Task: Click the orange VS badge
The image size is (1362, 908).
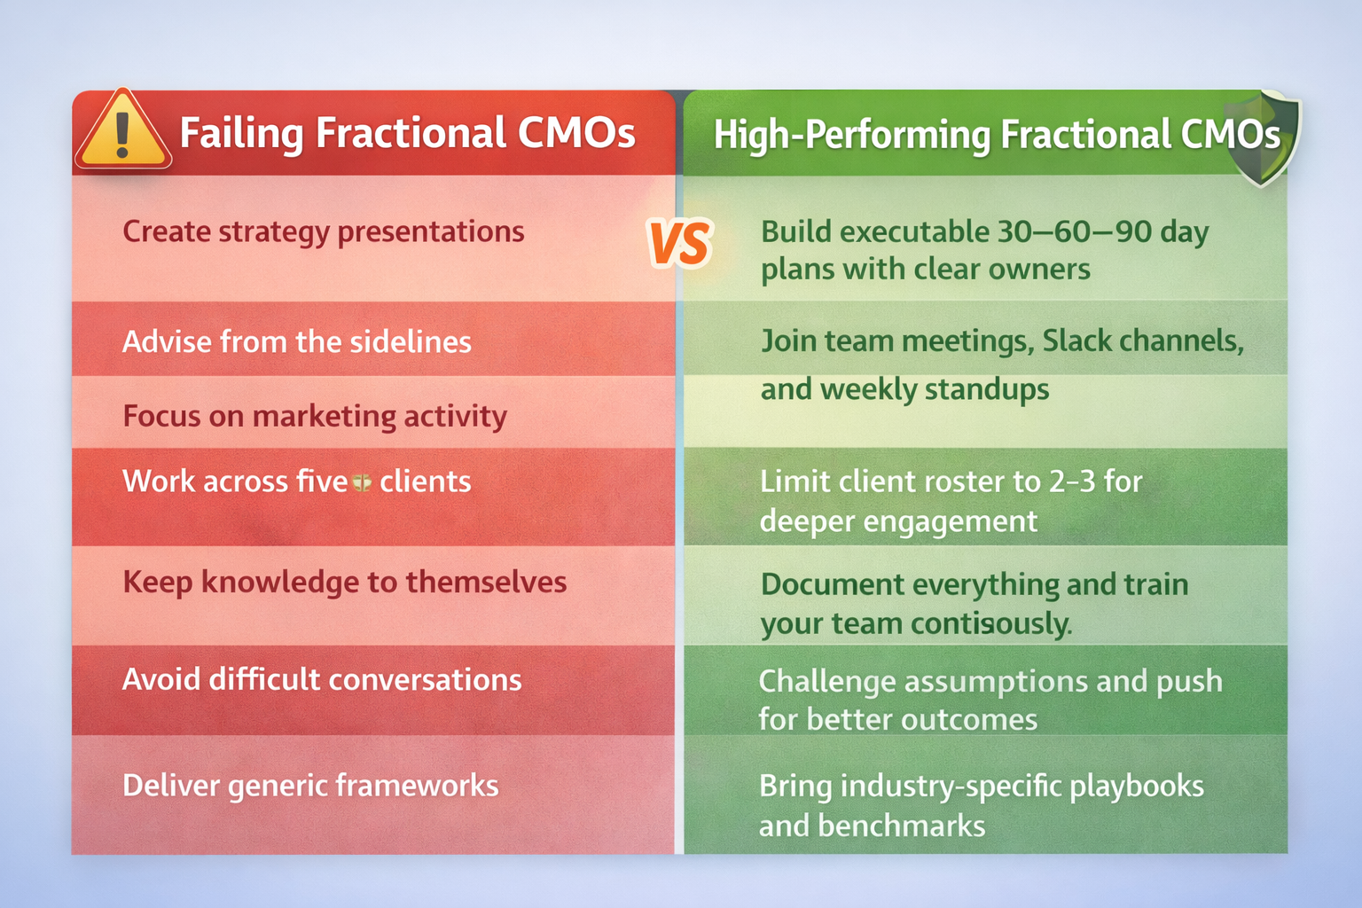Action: [680, 244]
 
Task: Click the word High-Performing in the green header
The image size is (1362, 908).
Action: [851, 136]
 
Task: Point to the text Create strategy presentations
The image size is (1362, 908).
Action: [323, 231]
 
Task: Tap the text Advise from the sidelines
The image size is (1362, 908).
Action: [296, 342]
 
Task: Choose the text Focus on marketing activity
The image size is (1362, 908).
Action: [314, 416]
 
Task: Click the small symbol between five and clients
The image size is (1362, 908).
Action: [362, 482]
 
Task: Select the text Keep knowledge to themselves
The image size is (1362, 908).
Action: [344, 583]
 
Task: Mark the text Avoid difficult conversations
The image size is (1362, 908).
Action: [322, 680]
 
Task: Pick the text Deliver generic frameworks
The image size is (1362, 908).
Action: [310, 786]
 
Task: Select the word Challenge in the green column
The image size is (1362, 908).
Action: [826, 681]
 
